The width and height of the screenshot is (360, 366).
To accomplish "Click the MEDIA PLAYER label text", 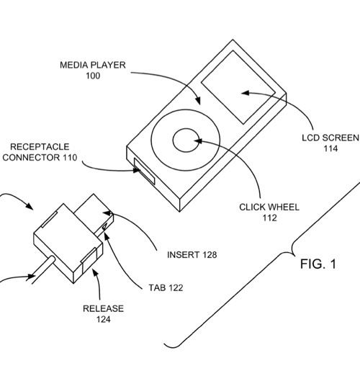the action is pyautogui.click(x=93, y=65).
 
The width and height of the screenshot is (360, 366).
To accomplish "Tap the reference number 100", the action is pyautogui.click(x=93, y=76).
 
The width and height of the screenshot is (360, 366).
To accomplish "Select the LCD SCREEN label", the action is pyautogui.click(x=330, y=138).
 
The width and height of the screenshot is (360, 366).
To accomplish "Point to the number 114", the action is pyautogui.click(x=330, y=148).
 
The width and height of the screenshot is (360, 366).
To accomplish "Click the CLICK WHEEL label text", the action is pyautogui.click(x=269, y=207).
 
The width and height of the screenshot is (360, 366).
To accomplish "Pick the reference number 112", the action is pyautogui.click(x=270, y=218).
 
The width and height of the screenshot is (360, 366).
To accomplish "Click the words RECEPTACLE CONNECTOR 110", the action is pyautogui.click(x=40, y=152).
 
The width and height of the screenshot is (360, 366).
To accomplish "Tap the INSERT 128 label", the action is pyautogui.click(x=192, y=255).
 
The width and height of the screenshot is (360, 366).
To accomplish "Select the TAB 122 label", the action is pyautogui.click(x=166, y=287).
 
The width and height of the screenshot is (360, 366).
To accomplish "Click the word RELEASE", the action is pyautogui.click(x=104, y=308).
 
